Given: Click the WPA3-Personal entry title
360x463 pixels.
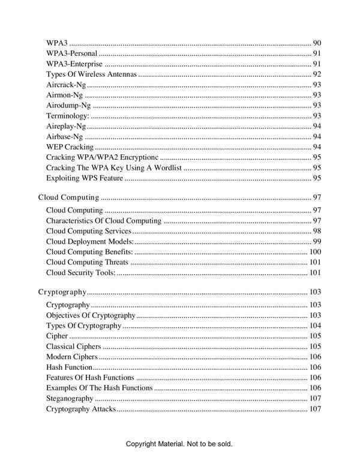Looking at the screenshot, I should [x=72, y=54].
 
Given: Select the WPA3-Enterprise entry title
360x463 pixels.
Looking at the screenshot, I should [x=74, y=64].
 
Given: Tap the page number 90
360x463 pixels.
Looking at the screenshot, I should [x=317, y=43].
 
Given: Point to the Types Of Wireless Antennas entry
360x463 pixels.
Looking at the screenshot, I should [x=92, y=74].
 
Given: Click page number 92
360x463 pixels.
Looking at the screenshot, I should [x=317, y=74].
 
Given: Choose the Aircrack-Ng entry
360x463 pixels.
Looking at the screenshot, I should [x=66, y=85].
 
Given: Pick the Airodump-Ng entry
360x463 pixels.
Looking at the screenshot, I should [x=68, y=106].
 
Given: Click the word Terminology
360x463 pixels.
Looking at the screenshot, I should [x=67, y=116].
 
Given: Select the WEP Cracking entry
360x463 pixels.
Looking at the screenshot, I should [x=70, y=147].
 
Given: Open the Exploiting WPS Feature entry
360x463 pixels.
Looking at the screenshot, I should [x=85, y=178].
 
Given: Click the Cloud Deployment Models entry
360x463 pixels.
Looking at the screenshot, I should [x=90, y=241].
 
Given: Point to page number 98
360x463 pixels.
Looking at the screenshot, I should [x=317, y=231].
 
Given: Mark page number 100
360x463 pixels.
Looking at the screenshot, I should [x=315, y=252].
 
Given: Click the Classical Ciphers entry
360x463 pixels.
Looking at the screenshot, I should [x=73, y=346].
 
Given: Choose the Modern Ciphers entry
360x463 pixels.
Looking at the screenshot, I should [x=71, y=357].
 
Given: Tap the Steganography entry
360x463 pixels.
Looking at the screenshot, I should [x=70, y=399].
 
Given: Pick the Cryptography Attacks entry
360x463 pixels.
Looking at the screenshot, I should [x=80, y=409].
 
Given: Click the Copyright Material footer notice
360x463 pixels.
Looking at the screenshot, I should [x=179, y=444].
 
